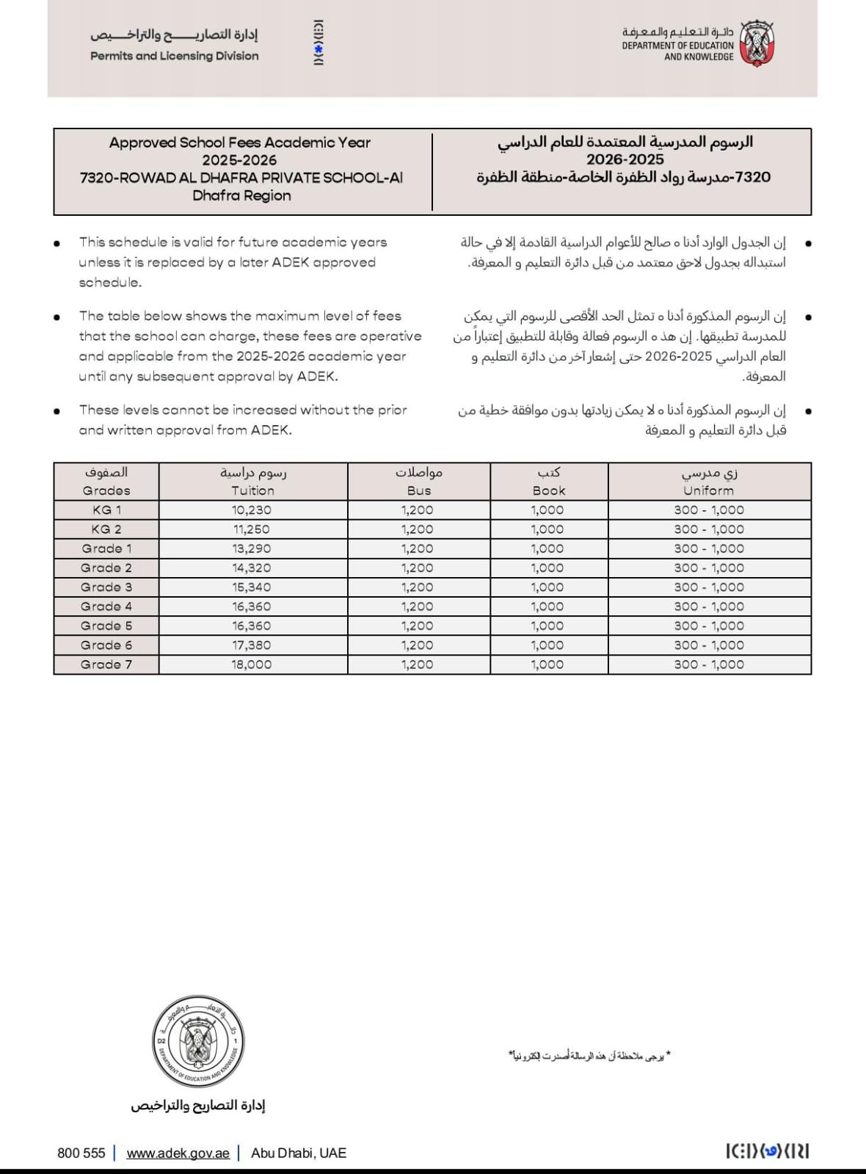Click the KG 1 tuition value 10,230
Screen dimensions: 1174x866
[252, 510]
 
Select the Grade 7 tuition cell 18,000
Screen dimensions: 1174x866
[252, 664]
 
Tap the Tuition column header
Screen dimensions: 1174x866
[253, 490]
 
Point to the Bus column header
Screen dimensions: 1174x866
[419, 490]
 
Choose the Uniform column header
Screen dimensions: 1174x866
[708, 490]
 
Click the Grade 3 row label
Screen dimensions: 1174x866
[106, 587]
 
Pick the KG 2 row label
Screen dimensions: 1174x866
[106, 529]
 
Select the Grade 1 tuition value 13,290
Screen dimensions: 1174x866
[252, 548]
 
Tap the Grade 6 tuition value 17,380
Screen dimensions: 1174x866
[252, 645]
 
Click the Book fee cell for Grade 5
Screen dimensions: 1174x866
[547, 626]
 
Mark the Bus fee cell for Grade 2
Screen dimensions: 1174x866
[418, 568]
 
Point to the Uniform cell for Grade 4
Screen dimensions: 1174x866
[709, 606]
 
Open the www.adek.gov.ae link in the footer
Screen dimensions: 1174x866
[178, 1153]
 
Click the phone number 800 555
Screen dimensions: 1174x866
[81, 1153]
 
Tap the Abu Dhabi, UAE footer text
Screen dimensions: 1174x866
[299, 1153]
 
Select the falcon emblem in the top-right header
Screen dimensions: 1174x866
[757, 44]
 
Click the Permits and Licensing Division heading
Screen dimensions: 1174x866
[175, 56]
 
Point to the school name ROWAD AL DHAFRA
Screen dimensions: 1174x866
[241, 178]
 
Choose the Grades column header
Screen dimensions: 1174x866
[106, 490]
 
